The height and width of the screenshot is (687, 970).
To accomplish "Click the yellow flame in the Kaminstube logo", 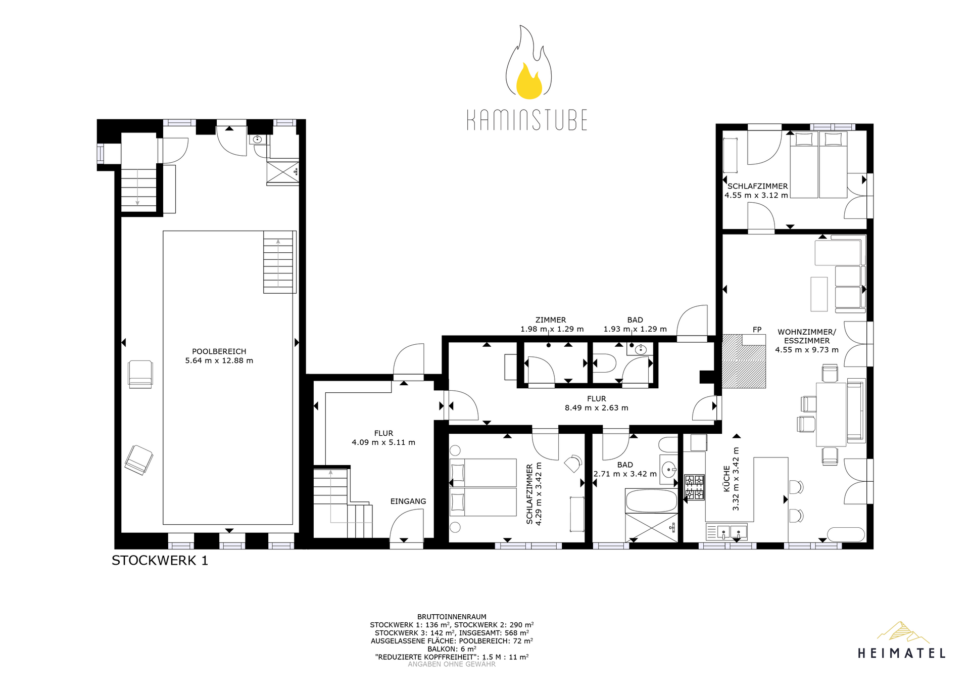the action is [529, 82].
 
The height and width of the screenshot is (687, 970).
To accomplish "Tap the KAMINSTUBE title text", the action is [527, 120].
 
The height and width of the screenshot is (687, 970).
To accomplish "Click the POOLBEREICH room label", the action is [219, 351].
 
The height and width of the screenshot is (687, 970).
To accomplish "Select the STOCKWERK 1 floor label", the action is [160, 560].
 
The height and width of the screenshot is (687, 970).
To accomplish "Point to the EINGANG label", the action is [408, 501].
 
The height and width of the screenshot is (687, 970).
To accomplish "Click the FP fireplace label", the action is [757, 330].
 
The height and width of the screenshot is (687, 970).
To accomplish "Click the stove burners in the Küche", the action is [694, 487].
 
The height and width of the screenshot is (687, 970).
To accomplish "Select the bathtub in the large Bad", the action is [651, 500].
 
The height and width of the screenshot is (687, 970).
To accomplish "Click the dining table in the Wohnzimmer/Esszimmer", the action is [831, 415].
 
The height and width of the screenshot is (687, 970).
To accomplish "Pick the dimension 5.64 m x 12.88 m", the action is [219, 360].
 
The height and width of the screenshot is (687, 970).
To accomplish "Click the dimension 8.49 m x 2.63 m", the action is [597, 408].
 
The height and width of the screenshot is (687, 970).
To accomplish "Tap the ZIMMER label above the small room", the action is [551, 320].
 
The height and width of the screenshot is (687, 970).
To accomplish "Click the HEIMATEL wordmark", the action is [902, 653].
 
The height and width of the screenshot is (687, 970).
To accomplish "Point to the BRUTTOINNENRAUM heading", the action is [452, 617].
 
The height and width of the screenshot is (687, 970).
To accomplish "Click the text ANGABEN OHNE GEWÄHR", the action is [452, 664].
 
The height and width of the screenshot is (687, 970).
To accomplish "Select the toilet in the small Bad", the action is [604, 363].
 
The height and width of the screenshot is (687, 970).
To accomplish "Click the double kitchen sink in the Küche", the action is [731, 531].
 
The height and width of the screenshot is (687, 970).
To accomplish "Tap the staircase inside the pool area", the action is [278, 262].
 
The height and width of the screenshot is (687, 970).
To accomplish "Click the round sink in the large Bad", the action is [669, 469].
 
